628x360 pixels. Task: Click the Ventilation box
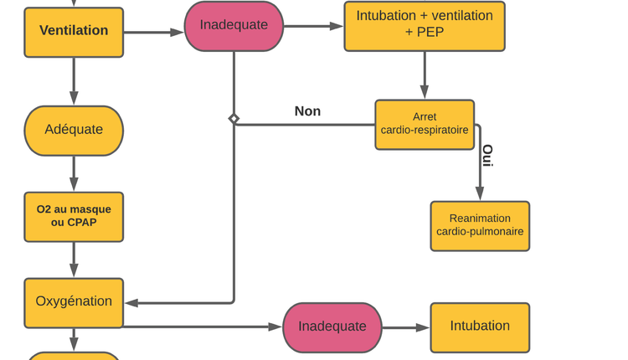74,32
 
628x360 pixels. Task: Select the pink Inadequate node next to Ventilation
234,26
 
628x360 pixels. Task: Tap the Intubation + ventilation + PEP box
425,25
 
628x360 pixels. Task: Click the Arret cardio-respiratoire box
425,124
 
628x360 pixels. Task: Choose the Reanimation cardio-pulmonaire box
480,225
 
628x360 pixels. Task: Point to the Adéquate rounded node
74,130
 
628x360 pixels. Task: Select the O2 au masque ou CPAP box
74,216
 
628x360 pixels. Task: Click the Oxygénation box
74,302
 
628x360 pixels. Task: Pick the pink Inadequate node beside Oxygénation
332,327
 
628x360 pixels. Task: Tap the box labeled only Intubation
480,327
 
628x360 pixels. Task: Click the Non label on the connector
307,111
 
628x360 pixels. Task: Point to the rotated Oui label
487,156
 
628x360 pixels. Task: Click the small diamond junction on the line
234,119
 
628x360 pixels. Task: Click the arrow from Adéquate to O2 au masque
74,174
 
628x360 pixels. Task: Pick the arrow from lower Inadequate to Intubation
406,327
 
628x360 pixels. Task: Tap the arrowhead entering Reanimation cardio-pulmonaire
480,194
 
